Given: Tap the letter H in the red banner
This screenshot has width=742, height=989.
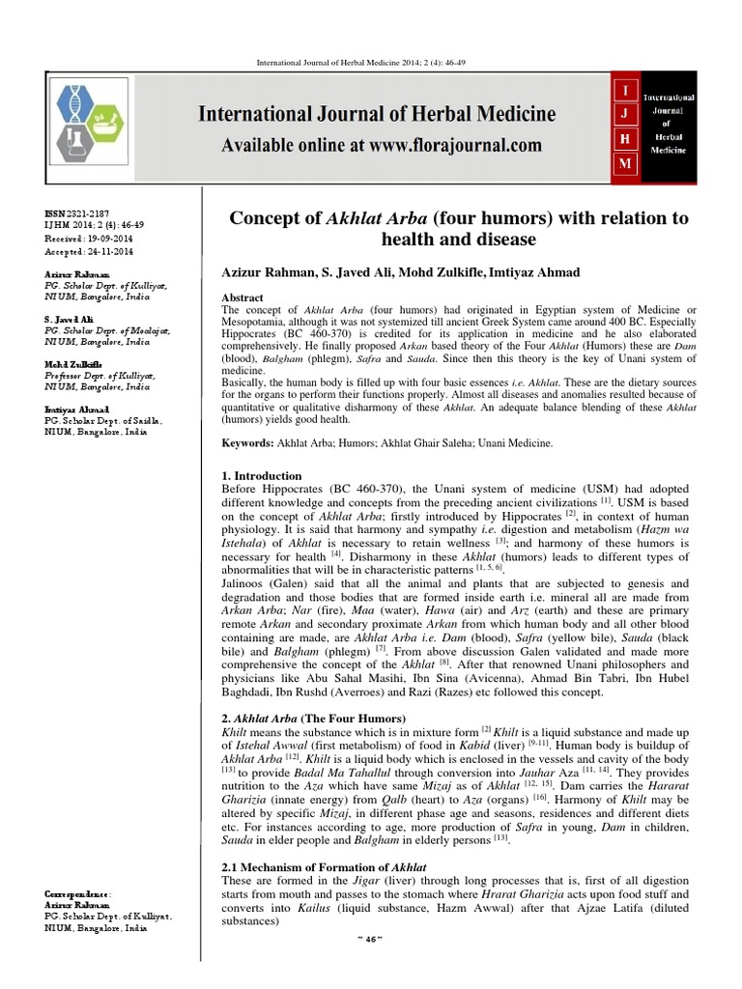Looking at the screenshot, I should (623, 140).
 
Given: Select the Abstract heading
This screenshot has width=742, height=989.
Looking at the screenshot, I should (243, 298).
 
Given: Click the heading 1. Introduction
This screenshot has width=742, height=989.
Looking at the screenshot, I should (262, 476).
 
